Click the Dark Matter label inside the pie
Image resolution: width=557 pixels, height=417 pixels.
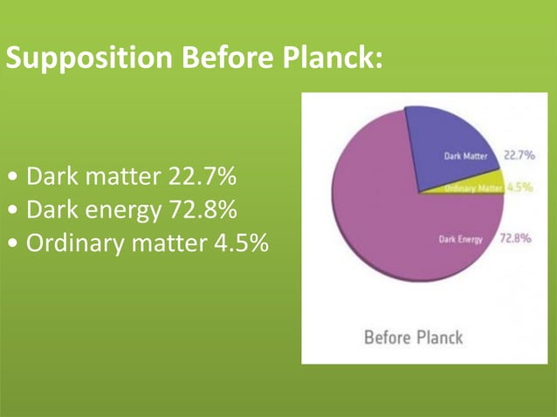pyautogui.click(x=465, y=157)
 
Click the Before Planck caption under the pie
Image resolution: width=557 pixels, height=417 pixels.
pyautogui.click(x=413, y=337)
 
